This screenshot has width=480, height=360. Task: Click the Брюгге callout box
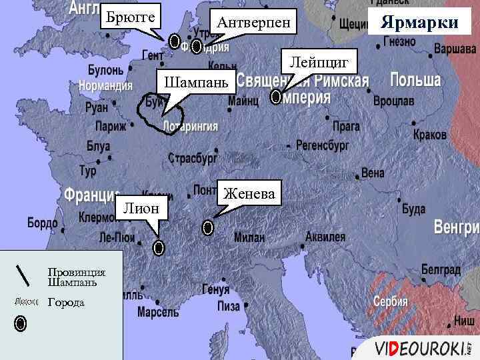pyautogui.click(x=131, y=15)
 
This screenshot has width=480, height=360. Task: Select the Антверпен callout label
pyautogui.click(x=253, y=23)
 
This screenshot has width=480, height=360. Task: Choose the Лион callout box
pyautogui.click(x=141, y=208)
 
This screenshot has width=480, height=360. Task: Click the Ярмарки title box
pyautogui.click(x=419, y=23)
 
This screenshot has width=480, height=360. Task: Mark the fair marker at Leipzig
pyautogui.click(x=276, y=97)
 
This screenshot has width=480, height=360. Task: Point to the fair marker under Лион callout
pyautogui.click(x=159, y=248)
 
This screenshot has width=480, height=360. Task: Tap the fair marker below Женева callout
pyautogui.click(x=207, y=228)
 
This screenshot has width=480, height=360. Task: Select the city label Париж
pyautogui.click(x=111, y=126)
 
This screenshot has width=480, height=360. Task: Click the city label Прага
pyautogui.click(x=346, y=126)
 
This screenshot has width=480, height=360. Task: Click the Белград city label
pyautogui.click(x=441, y=270)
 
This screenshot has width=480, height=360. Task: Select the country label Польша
pyautogui.click(x=415, y=81)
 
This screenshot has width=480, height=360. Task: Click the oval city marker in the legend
pyautogui.click(x=21, y=324)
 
